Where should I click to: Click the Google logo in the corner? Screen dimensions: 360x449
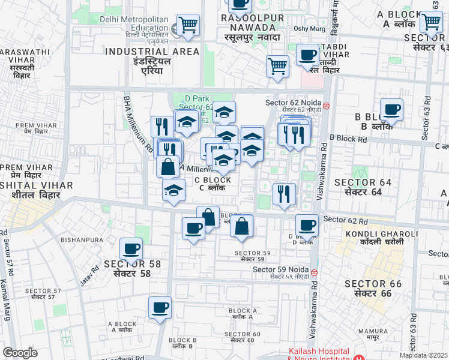[20, 353]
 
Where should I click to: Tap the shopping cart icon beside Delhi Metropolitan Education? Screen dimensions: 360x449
[188, 25]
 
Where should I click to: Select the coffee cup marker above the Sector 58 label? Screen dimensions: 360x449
[131, 248]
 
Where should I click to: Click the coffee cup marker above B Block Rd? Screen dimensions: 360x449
[391, 110]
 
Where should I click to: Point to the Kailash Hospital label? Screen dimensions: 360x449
[318, 351]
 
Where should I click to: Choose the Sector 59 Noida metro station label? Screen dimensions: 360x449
[280, 269]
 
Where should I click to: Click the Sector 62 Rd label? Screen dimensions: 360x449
[345, 220]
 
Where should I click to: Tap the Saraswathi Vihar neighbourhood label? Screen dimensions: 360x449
[24, 52]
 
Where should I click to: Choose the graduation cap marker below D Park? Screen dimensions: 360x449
[224, 112]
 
